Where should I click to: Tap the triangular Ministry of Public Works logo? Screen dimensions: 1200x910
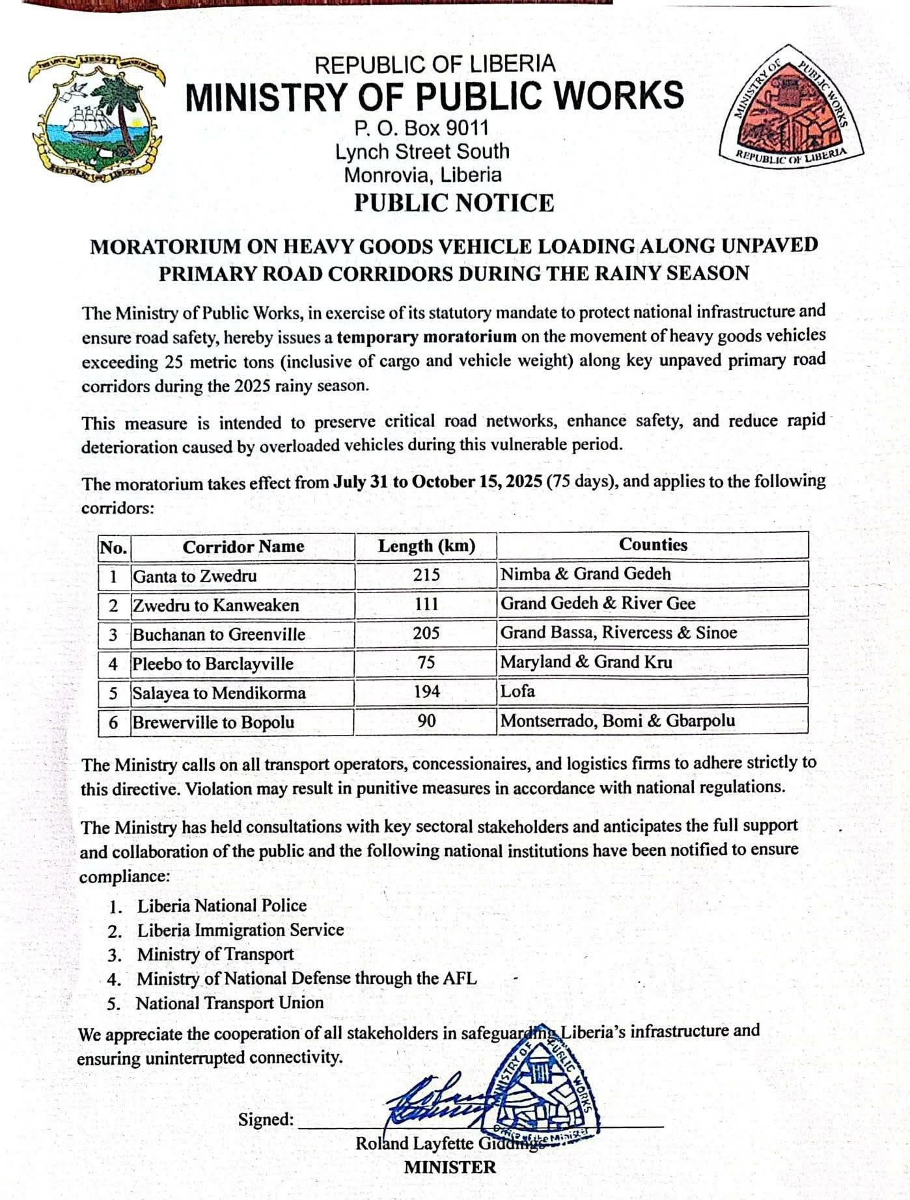pyautogui.click(x=790, y=107)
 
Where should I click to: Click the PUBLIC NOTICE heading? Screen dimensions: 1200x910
pyautogui.click(x=454, y=203)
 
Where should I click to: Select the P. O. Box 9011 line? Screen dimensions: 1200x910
pyautogui.click(x=421, y=127)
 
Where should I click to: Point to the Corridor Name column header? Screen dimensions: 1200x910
pyautogui.click(x=243, y=546)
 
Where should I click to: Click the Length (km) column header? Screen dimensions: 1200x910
pyautogui.click(x=426, y=546)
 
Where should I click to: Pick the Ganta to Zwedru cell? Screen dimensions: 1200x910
pyautogui.click(x=195, y=576)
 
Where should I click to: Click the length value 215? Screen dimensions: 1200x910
pyautogui.click(x=426, y=575)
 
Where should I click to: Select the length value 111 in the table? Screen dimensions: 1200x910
pyautogui.click(x=426, y=604)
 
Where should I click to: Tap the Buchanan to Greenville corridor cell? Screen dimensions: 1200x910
pyautogui.click(x=219, y=634)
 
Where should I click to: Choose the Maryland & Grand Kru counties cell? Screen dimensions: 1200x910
pyautogui.click(x=586, y=662)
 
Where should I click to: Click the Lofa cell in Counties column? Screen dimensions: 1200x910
pyautogui.click(x=517, y=691)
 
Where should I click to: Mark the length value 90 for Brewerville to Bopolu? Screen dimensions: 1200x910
pyautogui.click(x=426, y=721)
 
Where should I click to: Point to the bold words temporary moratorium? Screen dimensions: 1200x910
pyautogui.click(x=426, y=337)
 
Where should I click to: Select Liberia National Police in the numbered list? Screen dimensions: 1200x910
pyautogui.click(x=221, y=905)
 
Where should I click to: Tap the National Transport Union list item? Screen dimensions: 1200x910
pyautogui.click(x=229, y=1003)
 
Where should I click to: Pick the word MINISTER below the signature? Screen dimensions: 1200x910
pyautogui.click(x=450, y=1167)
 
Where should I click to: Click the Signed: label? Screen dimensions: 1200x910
pyautogui.click(x=266, y=1119)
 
